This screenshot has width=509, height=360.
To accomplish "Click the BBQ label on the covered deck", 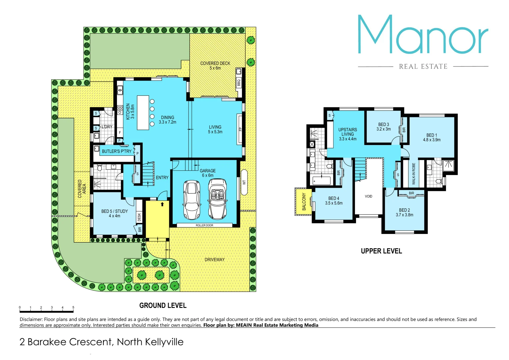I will [x=239, y=82].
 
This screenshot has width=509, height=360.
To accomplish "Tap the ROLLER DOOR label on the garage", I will [x=204, y=225].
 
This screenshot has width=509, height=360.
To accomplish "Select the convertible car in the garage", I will [x=217, y=199].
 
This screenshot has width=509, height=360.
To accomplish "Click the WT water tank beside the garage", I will [x=244, y=182].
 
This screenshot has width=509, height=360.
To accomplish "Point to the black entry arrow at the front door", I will [x=162, y=204].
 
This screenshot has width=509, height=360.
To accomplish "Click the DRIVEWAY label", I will [x=215, y=260].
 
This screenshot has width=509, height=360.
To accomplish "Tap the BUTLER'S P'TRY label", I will [x=116, y=151].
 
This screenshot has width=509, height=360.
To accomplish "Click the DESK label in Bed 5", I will [x=139, y=217].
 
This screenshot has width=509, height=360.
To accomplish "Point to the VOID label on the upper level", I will [x=368, y=196].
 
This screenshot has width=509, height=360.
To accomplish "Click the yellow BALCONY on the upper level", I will [x=304, y=202].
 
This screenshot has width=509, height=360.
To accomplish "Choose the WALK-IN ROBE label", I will [x=414, y=174].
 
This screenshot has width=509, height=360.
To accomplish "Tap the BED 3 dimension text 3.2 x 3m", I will [x=384, y=129].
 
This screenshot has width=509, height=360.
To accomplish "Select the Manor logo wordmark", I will [x=423, y=35].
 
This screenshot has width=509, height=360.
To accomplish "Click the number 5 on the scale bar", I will [x=73, y=308].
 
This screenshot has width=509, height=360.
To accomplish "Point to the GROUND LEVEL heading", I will [x=163, y=306].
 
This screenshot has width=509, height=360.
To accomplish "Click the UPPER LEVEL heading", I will [x=381, y=251].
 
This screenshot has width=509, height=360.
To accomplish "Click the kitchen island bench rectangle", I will [x=143, y=113].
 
